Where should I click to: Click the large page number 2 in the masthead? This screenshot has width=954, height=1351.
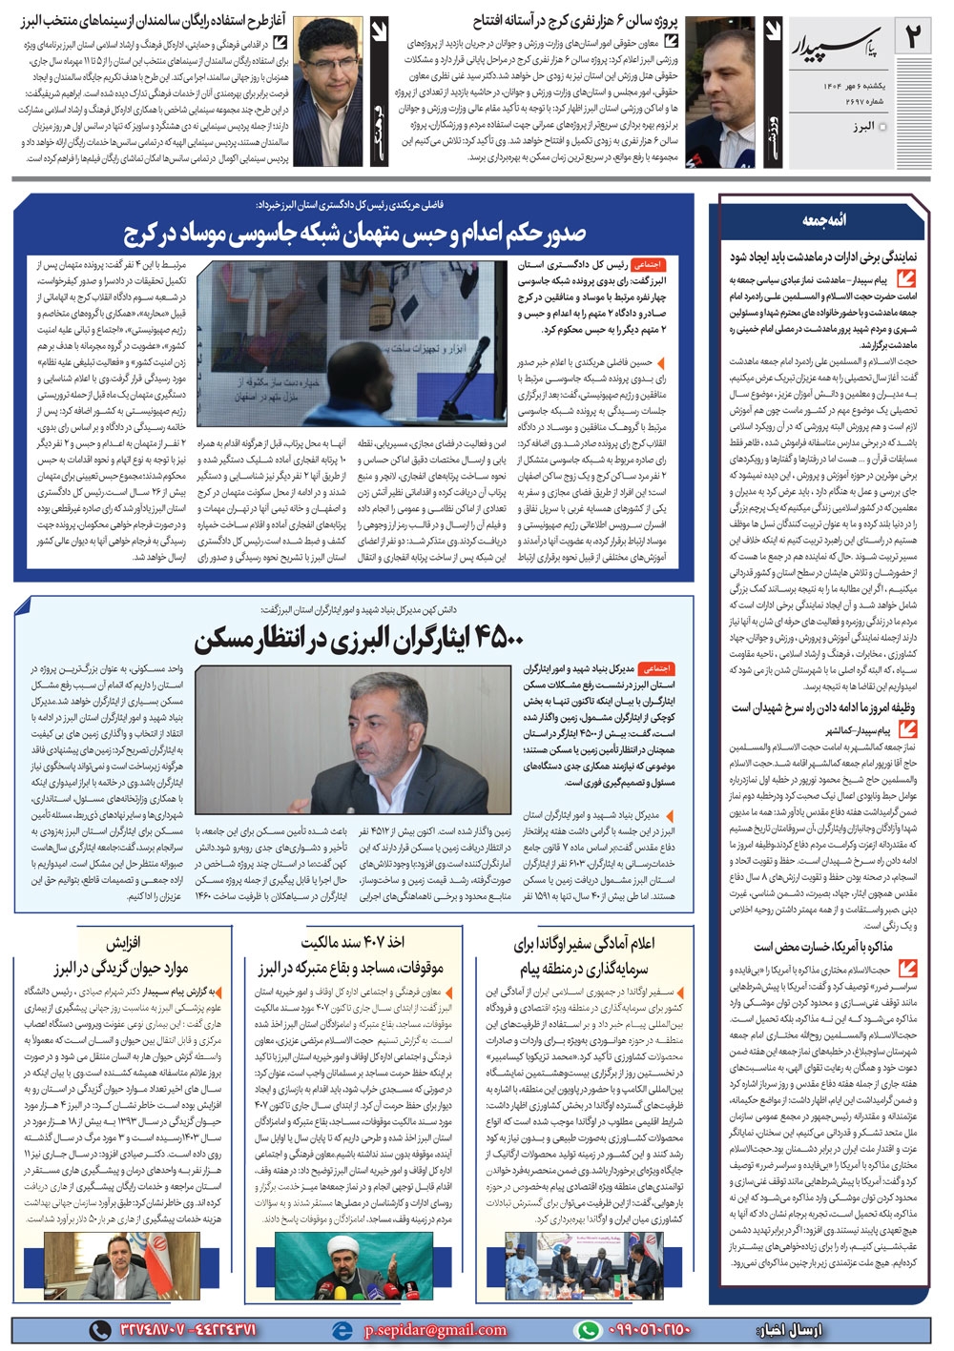pyautogui.click(x=914, y=39)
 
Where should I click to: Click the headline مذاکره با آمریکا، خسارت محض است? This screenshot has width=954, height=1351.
pyautogui.click(x=822, y=946)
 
